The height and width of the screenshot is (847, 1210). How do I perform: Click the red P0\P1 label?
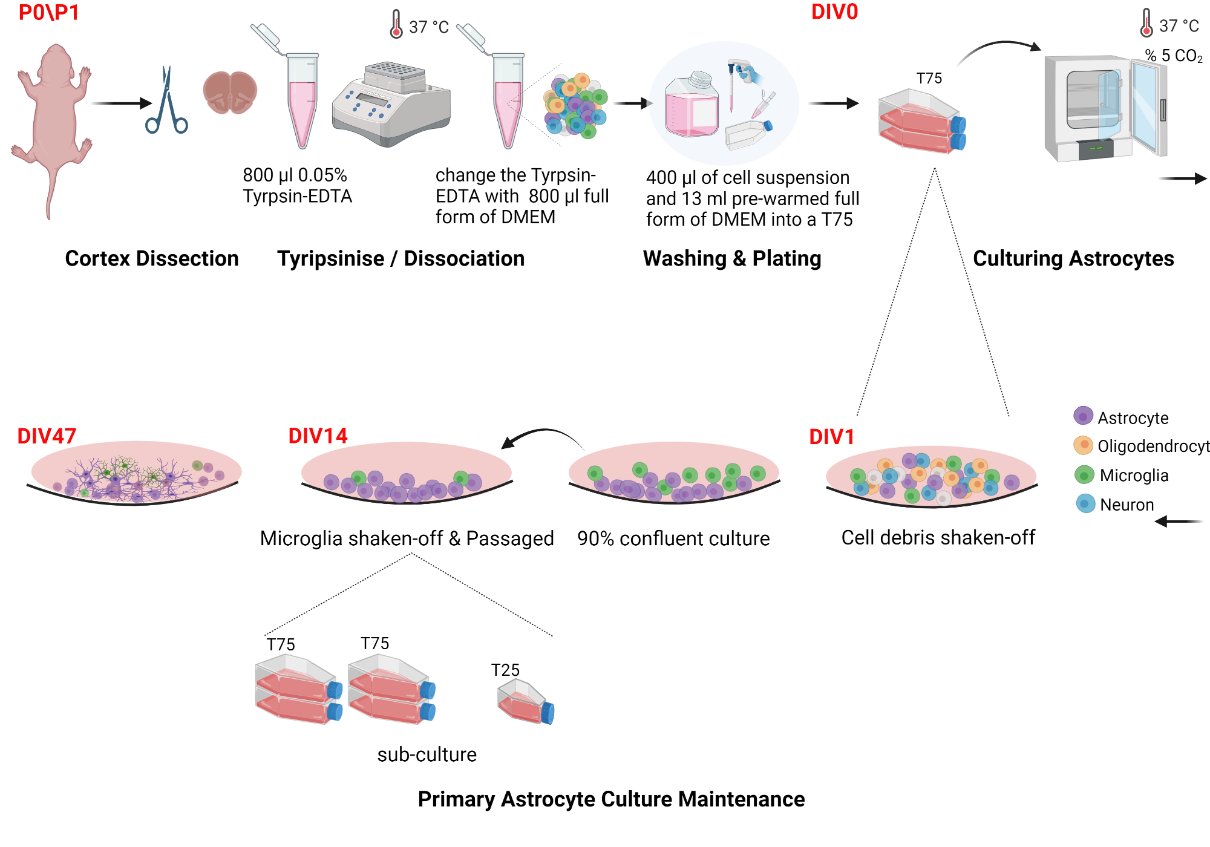tap(48, 13)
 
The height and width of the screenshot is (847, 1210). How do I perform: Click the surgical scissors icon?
tap(166, 103)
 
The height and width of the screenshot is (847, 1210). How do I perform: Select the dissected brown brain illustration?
tap(230, 93)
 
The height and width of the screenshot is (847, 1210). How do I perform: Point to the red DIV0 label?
tap(834, 12)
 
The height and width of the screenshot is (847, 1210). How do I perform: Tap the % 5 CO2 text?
tap(1173, 56)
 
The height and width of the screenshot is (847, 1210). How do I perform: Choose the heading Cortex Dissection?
tap(151, 258)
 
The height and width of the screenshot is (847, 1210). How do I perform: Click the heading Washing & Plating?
tap(732, 258)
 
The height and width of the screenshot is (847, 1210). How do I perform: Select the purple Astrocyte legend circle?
tap(1083, 416)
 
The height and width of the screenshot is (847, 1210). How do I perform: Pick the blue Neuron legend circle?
tap(1085, 503)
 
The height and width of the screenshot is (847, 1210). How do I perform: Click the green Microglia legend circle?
tap(1084, 475)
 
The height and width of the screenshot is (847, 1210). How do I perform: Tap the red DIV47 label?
tap(47, 436)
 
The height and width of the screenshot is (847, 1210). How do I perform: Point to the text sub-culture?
tap(427, 754)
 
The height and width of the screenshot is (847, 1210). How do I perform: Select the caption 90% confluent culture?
tap(673, 538)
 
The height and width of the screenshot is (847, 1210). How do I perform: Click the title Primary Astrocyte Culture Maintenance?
tap(611, 799)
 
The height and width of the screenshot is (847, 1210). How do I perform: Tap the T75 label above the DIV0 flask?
tap(929, 79)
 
